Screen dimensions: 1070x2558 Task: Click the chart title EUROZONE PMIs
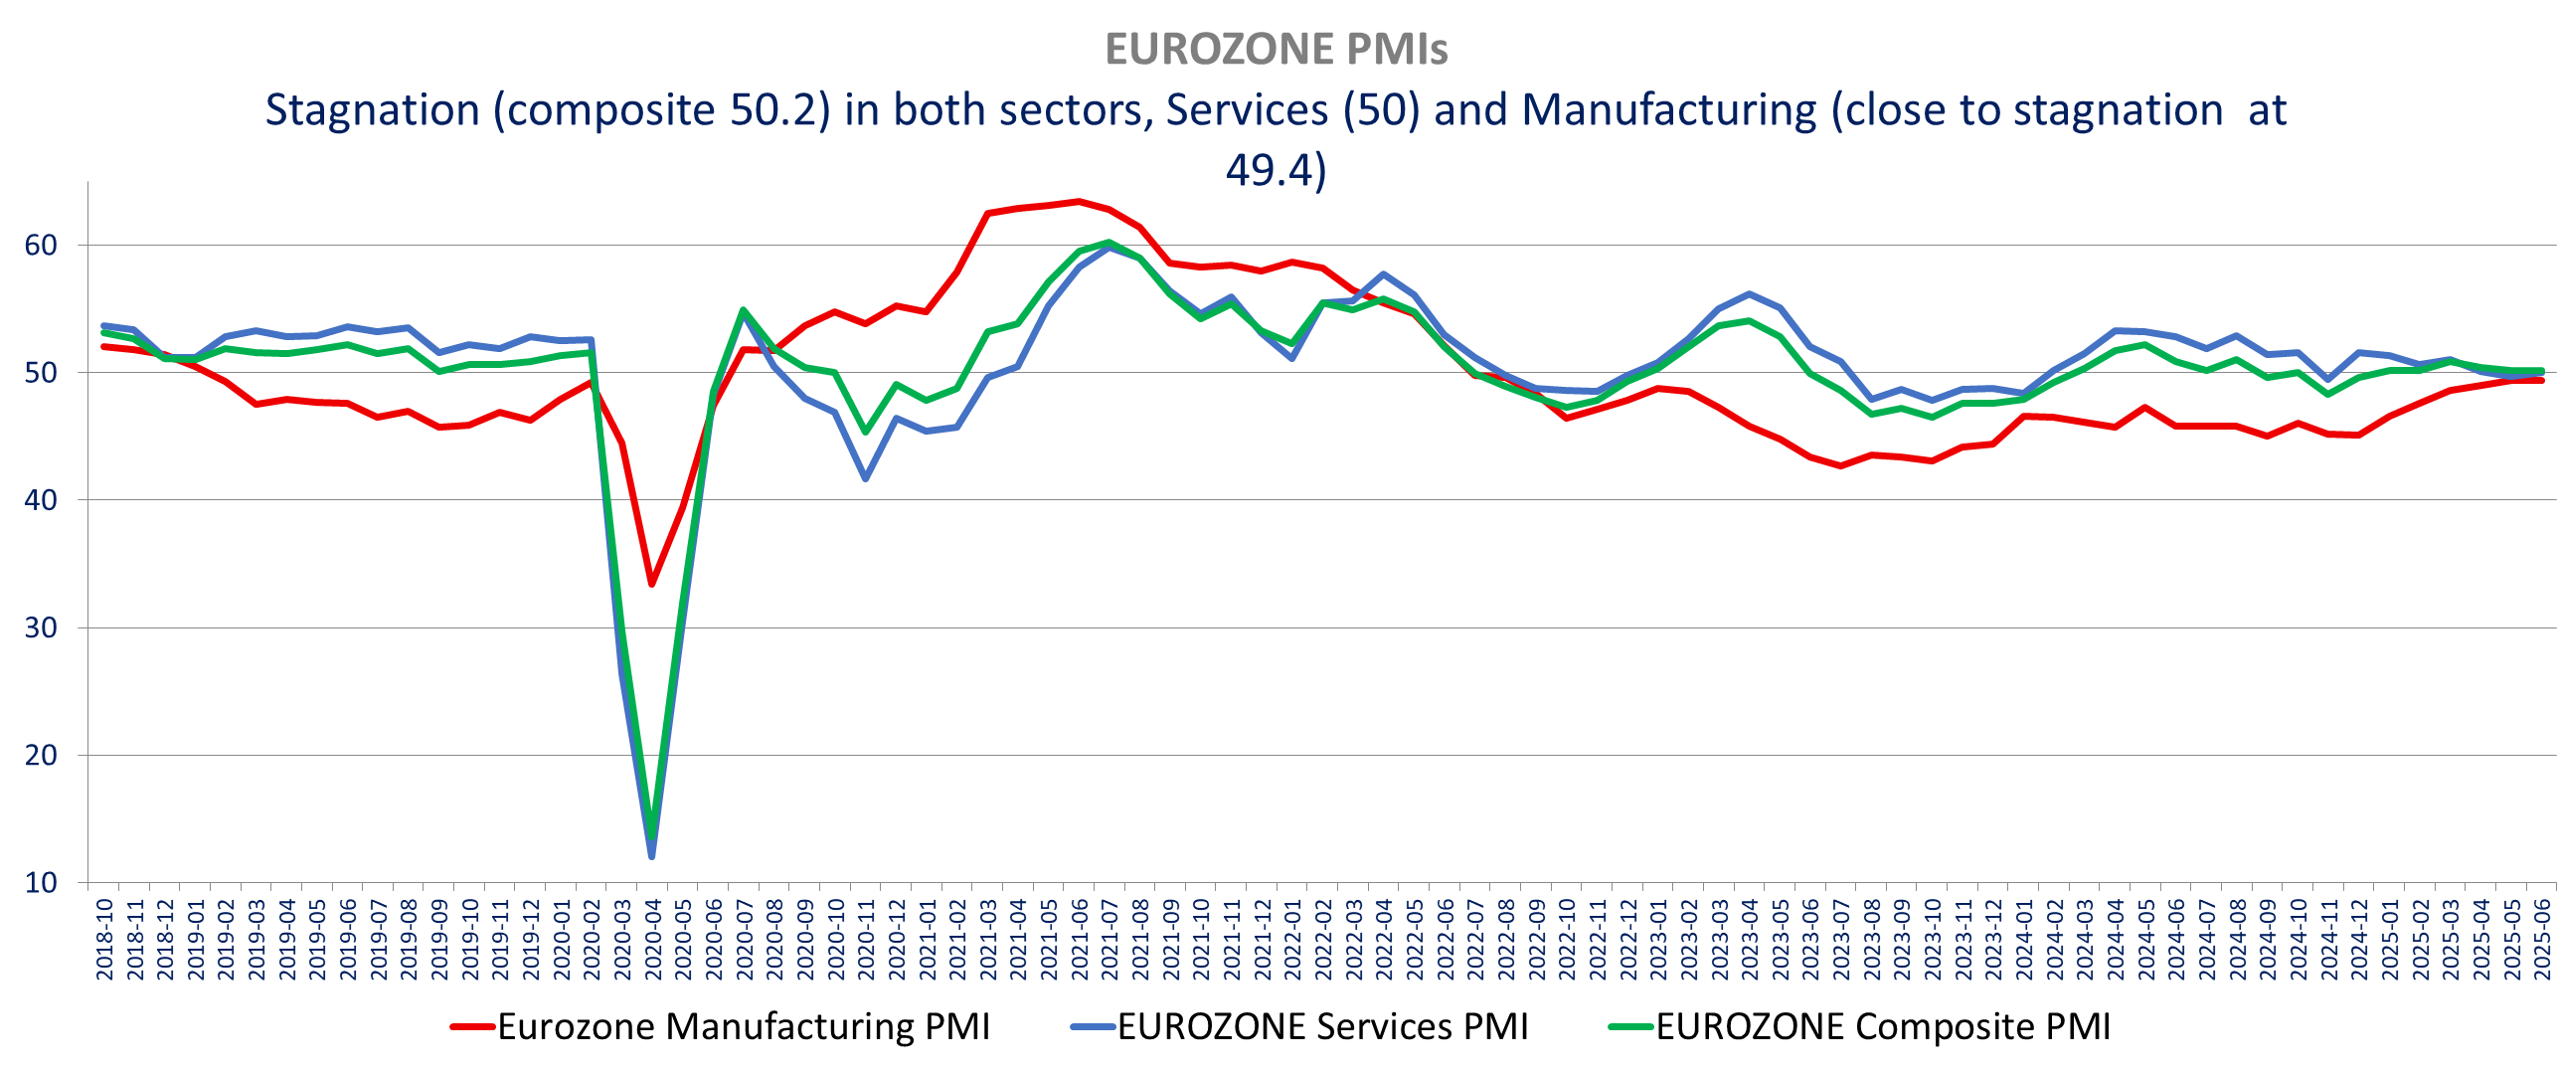[1277, 50]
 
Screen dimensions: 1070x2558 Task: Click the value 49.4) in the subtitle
[1276, 170]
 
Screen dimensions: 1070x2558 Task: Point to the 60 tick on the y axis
[41, 246]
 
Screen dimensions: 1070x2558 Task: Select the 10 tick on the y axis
[41, 883]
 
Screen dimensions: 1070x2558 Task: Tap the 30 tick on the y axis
[41, 628]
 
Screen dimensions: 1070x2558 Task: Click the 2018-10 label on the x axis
[104, 939]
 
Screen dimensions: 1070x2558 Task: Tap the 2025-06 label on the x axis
[2542, 939]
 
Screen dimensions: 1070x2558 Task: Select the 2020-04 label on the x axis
[653, 939]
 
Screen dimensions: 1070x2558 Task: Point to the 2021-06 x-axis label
[1080, 939]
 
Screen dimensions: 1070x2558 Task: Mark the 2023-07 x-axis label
[1841, 939]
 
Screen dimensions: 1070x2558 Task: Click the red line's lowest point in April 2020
[652, 584]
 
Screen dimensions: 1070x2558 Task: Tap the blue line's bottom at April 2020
[652, 856]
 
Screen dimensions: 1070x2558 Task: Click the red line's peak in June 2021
[1080, 202]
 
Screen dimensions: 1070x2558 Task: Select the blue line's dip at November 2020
[866, 479]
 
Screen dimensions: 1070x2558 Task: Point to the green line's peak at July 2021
[1109, 242]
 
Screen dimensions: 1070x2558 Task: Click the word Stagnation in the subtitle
[373, 110]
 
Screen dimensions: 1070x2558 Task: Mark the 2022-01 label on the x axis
[1292, 939]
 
